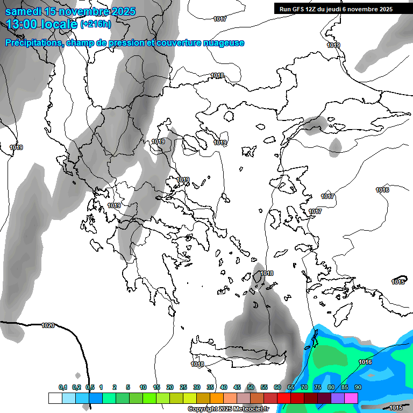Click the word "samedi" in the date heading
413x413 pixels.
click(24, 11)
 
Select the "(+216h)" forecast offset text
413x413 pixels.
click(96, 24)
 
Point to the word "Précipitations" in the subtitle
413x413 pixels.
click(34, 43)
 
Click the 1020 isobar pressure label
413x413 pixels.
click(48, 325)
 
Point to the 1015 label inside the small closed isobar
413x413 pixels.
click(398, 282)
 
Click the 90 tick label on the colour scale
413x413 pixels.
click(358, 387)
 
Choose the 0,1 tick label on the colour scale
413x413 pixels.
click(63, 387)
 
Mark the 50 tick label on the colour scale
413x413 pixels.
click(251, 387)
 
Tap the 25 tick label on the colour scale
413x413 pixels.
click(183, 387)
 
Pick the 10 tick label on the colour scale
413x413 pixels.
click(143, 387)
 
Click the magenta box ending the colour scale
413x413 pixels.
click(351, 398)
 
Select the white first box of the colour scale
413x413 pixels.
click(55, 398)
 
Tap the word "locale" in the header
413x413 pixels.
click(60, 24)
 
